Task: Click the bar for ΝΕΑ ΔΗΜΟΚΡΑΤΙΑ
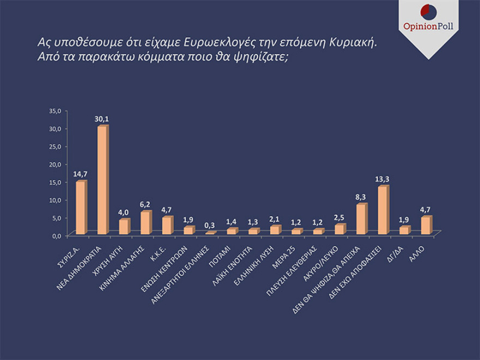pos(102,181)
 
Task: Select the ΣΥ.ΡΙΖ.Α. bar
pos(81,208)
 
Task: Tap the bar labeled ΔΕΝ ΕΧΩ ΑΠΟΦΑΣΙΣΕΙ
pos(383,211)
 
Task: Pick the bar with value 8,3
pos(361,219)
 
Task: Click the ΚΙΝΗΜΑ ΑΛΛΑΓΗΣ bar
pos(145,223)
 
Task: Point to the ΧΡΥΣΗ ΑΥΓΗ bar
pos(124,227)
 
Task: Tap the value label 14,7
pos(81,173)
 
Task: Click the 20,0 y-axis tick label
pos(57,164)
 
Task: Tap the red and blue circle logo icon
pos(428,11)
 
